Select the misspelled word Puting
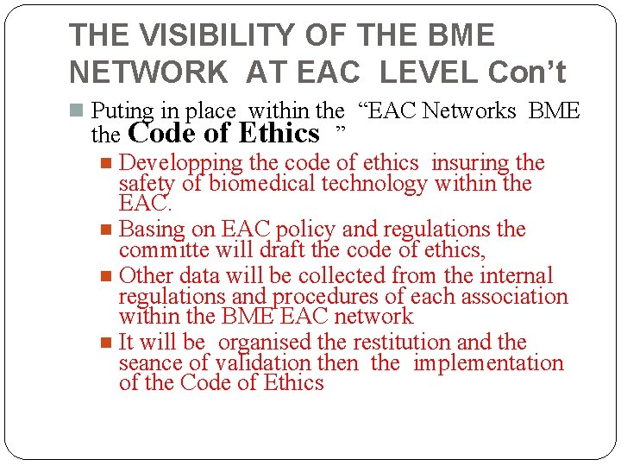coord(122,111)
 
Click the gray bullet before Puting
coord(77,110)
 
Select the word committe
coord(163,250)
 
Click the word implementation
coord(488,363)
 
